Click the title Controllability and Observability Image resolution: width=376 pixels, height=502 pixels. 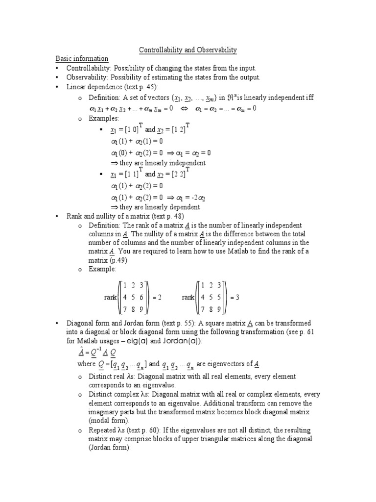tap(188, 50)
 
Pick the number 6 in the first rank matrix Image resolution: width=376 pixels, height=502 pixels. tap(142, 297)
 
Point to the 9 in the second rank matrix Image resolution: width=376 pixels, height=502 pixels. tap(219, 309)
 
